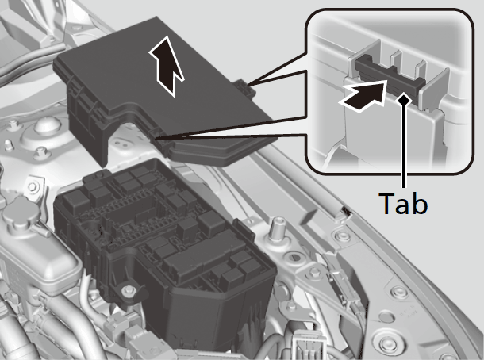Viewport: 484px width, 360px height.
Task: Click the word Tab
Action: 404,203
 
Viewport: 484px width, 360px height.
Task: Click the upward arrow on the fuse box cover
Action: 167,66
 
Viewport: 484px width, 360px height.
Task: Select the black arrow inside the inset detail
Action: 363,96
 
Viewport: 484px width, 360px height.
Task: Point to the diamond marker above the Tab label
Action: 403,99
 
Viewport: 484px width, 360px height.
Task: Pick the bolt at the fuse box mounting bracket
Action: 127,290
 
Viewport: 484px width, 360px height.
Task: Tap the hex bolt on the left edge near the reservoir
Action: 32,186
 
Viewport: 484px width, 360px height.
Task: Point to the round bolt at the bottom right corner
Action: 386,343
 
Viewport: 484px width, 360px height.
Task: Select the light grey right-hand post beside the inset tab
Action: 435,90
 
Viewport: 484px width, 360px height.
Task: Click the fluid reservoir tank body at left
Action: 34,256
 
